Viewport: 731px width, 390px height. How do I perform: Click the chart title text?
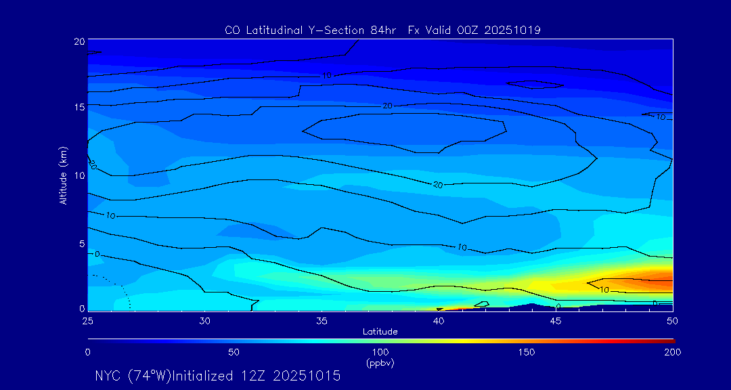pos(382,30)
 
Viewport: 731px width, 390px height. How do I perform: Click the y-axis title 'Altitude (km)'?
pos(64,175)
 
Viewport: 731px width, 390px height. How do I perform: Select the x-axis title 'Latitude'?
pos(380,332)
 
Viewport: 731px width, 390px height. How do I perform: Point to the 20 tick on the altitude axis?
pos(79,41)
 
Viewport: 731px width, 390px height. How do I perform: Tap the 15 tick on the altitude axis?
pos(79,107)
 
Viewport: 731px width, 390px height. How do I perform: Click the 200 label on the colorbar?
pos(672,352)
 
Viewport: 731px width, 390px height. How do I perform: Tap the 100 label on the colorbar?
pos(380,352)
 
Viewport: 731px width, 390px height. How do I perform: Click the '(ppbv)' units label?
pos(380,363)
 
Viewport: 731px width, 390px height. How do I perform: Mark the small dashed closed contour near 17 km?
pos(535,85)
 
